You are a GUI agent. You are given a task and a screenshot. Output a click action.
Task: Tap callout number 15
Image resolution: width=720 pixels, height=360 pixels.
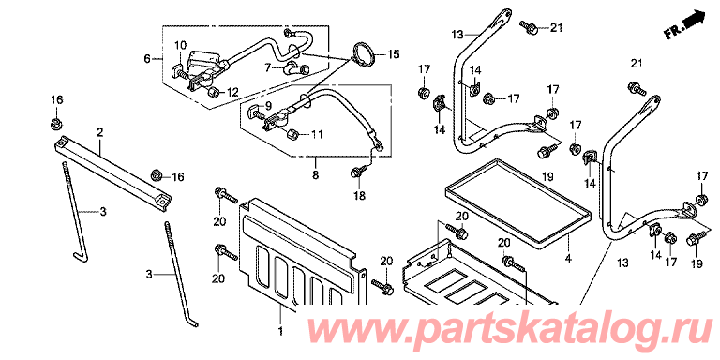coord(394,55)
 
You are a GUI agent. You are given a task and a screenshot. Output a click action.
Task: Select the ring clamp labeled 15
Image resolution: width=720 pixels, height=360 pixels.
coord(364,54)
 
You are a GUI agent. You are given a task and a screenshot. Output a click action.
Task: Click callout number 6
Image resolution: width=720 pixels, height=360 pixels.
coord(146,59)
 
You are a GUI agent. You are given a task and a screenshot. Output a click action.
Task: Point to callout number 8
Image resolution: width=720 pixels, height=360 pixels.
coord(315,175)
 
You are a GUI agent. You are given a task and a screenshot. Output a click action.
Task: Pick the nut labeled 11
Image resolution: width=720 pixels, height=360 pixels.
coord(292,134)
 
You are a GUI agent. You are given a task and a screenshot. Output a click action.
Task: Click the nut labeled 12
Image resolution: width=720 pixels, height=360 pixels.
coord(212,93)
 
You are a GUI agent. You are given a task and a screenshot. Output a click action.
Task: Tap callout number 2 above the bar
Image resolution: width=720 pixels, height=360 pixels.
coord(99,133)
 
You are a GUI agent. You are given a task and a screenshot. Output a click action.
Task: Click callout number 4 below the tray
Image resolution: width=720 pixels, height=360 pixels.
coord(568,259)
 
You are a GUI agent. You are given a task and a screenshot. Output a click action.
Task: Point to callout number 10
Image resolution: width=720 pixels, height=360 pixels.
coord(180,45)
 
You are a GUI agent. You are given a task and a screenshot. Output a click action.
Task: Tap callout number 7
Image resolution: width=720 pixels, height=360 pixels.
coord(268,68)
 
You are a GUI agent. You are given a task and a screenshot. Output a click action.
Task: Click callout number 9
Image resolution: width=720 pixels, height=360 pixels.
coord(268,105)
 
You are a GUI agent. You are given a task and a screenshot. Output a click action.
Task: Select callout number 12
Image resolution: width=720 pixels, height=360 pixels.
coord(232,92)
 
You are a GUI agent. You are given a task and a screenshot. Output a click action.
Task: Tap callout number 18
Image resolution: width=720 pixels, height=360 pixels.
coord(359,196)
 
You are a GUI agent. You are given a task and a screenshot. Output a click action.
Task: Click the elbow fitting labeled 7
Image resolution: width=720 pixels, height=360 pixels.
coord(296,68)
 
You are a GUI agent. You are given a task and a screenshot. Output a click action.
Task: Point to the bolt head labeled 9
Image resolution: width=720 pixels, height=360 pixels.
coord(254,112)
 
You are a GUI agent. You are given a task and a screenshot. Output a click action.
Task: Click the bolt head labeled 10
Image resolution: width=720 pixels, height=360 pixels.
coord(176,70)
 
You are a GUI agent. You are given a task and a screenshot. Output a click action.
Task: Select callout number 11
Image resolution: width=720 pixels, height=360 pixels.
coord(317,135)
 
